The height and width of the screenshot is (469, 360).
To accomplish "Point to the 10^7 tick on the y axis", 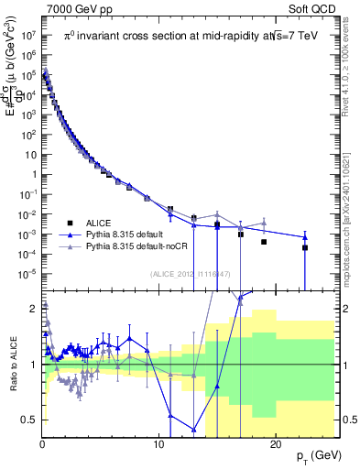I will (x=27, y=38).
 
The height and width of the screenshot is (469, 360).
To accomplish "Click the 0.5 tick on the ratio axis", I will (x=29, y=420).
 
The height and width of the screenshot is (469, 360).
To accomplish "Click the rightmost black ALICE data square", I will (x=305, y=247).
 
